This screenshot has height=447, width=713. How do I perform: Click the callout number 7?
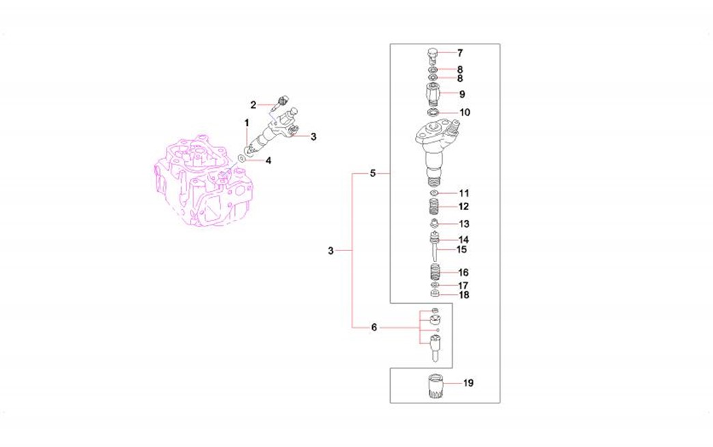[460, 53]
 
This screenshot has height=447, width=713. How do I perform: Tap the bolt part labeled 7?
[432, 55]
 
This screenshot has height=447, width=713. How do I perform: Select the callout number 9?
[462, 94]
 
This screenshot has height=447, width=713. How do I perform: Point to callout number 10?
[464, 112]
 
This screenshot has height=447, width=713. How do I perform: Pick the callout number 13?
[464, 224]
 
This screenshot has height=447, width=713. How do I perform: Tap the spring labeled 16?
[435, 272]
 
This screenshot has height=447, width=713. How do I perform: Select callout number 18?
[464, 295]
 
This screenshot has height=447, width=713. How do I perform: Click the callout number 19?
[469, 383]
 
